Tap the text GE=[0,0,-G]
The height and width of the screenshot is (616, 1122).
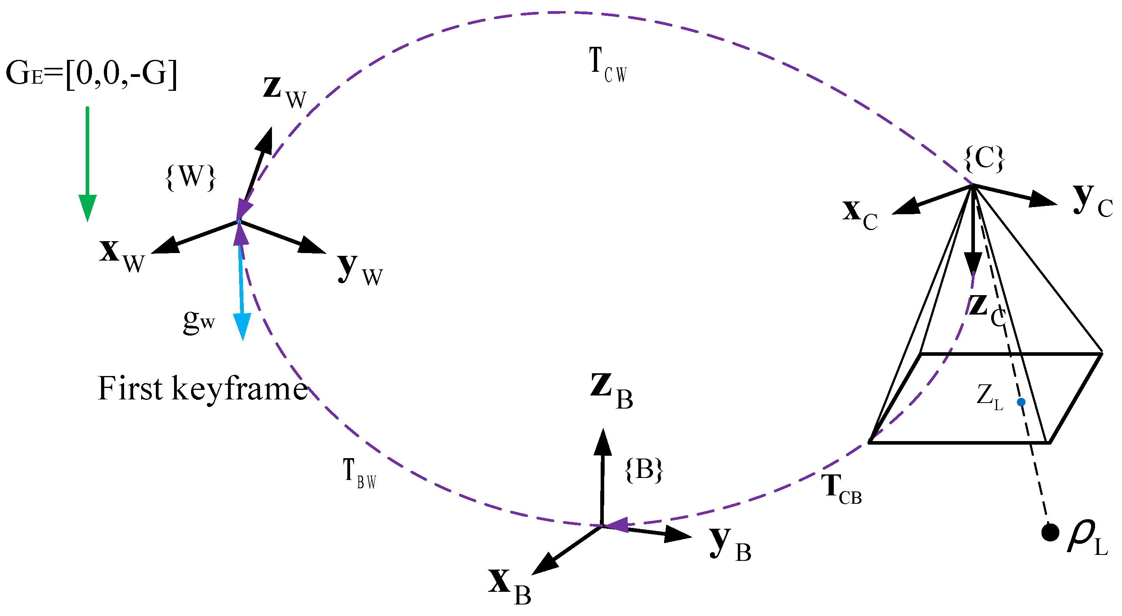coord(92,74)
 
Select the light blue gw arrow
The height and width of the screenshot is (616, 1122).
coord(241,283)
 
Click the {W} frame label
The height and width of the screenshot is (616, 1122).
coord(191,177)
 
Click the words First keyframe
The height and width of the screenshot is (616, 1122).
coord(203,388)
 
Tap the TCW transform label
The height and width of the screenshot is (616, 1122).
coord(608,65)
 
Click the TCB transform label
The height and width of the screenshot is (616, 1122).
coord(841,489)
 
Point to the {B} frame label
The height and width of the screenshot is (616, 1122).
coord(644,470)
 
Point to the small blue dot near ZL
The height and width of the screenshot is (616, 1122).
coord(1021,402)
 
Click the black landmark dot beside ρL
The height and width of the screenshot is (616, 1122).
coord(1050,532)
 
